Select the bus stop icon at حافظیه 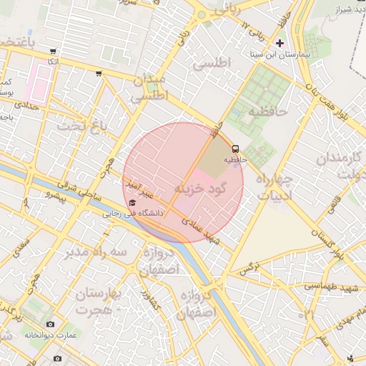point(235,149)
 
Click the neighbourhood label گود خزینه point(199,188)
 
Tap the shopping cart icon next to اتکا point(54,51)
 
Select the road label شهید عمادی point(204,232)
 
